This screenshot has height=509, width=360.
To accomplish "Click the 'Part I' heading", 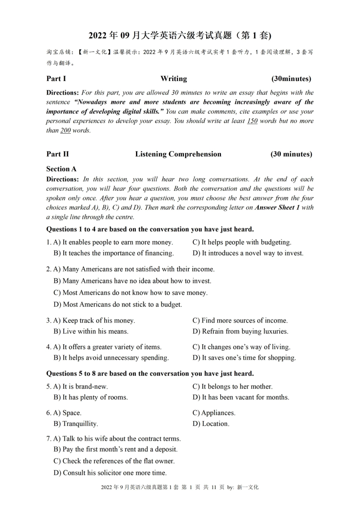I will click(56, 79).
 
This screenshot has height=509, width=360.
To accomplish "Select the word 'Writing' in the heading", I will click(174, 79).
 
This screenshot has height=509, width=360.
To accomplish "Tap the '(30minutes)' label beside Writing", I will click(291, 79).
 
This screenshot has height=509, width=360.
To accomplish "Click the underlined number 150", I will click(252, 121).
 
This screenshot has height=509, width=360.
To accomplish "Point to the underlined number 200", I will click(66, 131).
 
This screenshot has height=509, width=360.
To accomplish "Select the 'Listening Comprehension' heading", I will click(178, 154).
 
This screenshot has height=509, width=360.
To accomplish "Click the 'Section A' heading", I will click(61, 169).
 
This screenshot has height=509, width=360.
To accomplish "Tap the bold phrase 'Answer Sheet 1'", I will click(277, 208).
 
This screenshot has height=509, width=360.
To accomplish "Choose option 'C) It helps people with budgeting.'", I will click(242, 242).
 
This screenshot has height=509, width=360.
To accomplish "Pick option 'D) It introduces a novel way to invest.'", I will click(248, 253).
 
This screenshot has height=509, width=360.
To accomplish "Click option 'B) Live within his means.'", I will click(91, 331).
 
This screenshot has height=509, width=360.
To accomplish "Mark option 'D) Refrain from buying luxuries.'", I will click(240, 331).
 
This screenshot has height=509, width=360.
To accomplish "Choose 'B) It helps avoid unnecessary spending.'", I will click(111, 358).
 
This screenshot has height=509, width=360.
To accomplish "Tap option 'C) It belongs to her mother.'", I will click(232, 387).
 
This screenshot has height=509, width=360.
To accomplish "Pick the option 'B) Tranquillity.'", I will click(76, 424).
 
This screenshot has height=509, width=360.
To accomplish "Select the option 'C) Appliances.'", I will click(214, 413).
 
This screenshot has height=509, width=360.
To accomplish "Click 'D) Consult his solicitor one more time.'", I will click(110, 473).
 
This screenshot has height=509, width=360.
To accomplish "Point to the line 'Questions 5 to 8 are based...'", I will click(150, 374).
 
